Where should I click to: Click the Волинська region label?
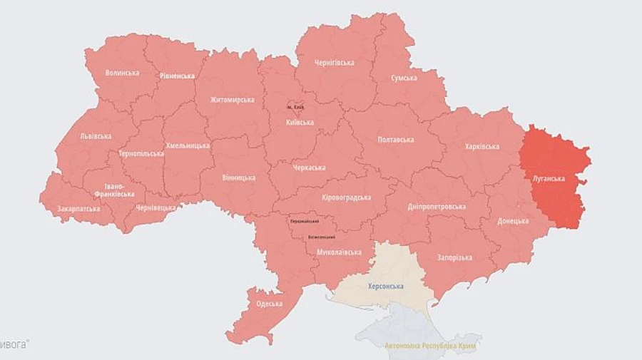[x=122, y=73]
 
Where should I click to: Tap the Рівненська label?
[x=177, y=76]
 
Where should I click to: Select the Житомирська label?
[x=232, y=100]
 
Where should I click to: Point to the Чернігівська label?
[x=334, y=63]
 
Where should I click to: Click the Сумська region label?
[x=404, y=78]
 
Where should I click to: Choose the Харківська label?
[x=481, y=146]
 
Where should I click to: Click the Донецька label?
[x=514, y=221]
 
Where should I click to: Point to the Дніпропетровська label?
[x=437, y=207]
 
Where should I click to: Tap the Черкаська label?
[x=309, y=168]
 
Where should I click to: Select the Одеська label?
[x=269, y=304]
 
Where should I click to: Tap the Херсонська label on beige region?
[x=385, y=286]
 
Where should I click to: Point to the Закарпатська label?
[x=79, y=209]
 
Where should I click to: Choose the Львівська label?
[x=96, y=135]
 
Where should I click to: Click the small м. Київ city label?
[x=295, y=107]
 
